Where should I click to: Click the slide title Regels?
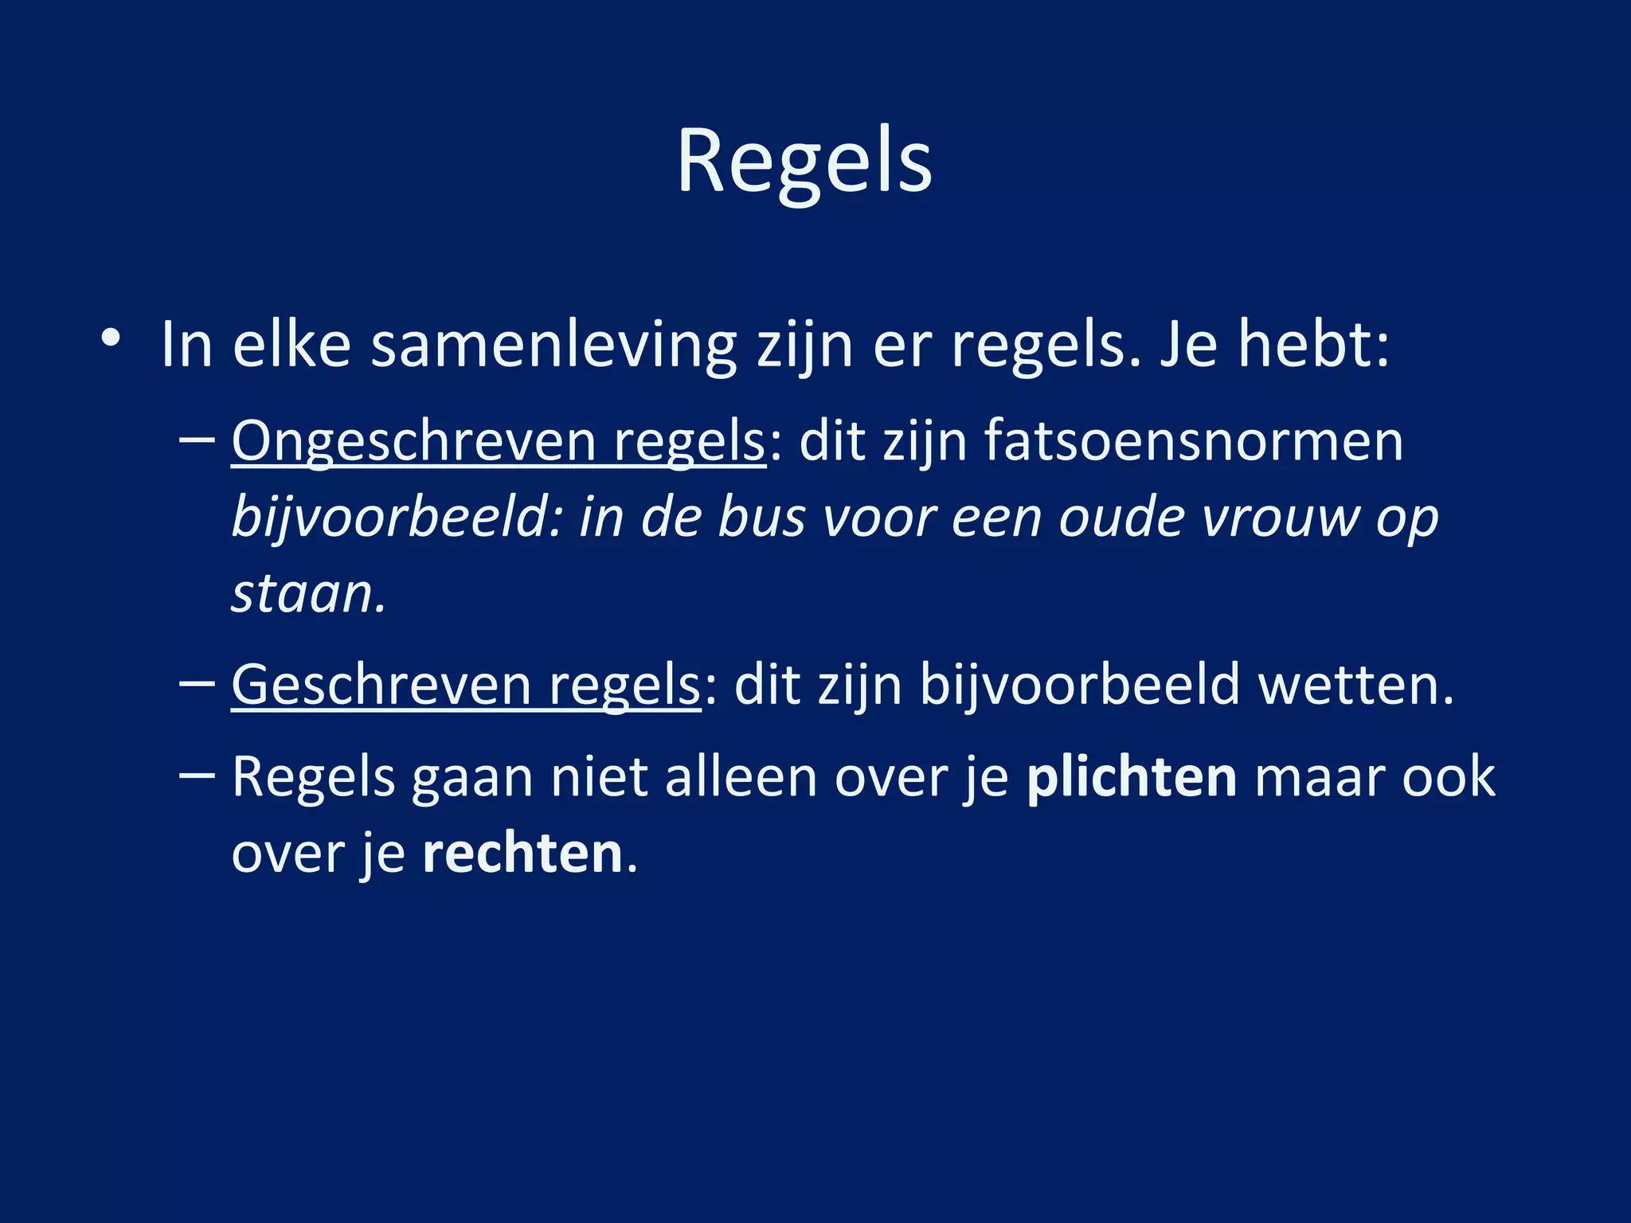click(804, 162)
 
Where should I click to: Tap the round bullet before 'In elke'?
click(111, 338)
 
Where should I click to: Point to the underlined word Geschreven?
click(381, 685)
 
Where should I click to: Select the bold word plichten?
click(1132, 777)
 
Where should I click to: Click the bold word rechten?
click(522, 854)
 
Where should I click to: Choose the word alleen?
click(741, 777)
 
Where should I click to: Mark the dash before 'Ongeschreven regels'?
click(198, 440)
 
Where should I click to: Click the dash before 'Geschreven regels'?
click(198, 684)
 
